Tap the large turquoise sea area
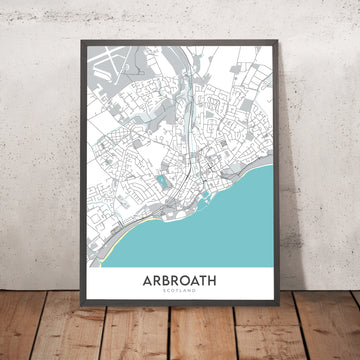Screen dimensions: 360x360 pos(215,240)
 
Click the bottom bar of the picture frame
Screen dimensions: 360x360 pos(180,311)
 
